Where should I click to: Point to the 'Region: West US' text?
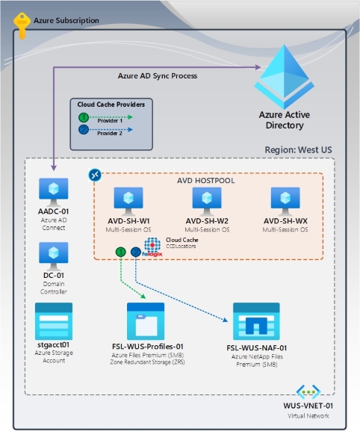click(x=298, y=149)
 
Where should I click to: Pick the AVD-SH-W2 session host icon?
click(x=207, y=200)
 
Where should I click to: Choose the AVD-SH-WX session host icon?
click(x=285, y=200)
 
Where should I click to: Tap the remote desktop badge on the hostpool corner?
click(x=95, y=174)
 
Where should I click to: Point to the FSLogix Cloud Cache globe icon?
click(x=153, y=247)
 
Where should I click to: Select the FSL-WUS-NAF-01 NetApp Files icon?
click(x=256, y=321)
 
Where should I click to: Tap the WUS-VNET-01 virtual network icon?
click(x=309, y=393)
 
